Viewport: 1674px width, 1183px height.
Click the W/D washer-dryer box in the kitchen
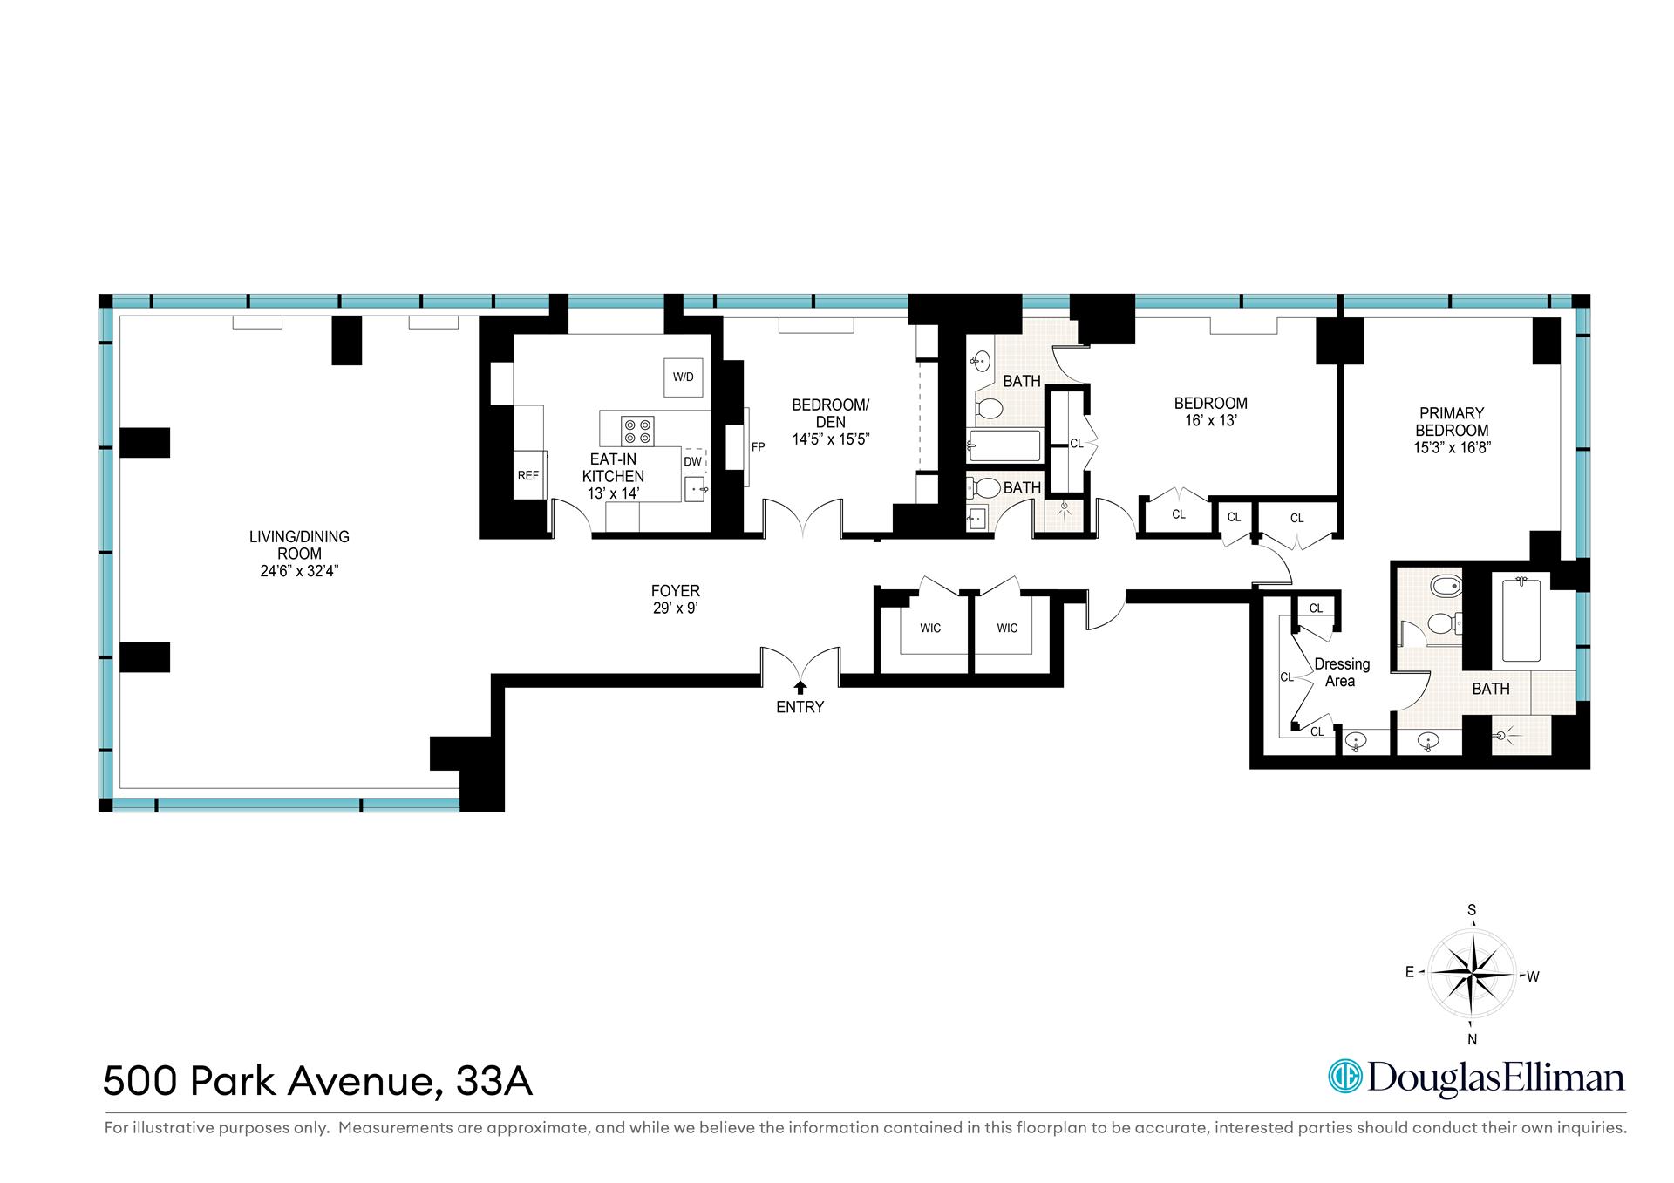point(683,377)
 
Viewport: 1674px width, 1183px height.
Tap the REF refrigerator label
point(527,476)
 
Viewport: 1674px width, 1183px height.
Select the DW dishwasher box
point(693,461)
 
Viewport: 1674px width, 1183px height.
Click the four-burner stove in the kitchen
point(636,430)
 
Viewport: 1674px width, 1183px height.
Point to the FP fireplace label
point(758,447)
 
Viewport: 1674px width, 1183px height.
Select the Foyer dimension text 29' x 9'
point(675,608)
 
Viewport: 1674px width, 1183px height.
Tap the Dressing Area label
point(1341,672)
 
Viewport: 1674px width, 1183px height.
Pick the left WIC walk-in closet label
point(930,628)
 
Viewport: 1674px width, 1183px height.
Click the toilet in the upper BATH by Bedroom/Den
point(989,408)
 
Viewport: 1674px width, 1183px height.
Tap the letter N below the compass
point(1473,1039)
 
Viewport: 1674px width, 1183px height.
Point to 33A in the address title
point(494,1081)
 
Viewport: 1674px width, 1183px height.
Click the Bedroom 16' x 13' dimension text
point(1211,420)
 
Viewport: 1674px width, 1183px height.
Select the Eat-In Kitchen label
point(613,468)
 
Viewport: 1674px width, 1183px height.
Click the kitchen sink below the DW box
point(695,489)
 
